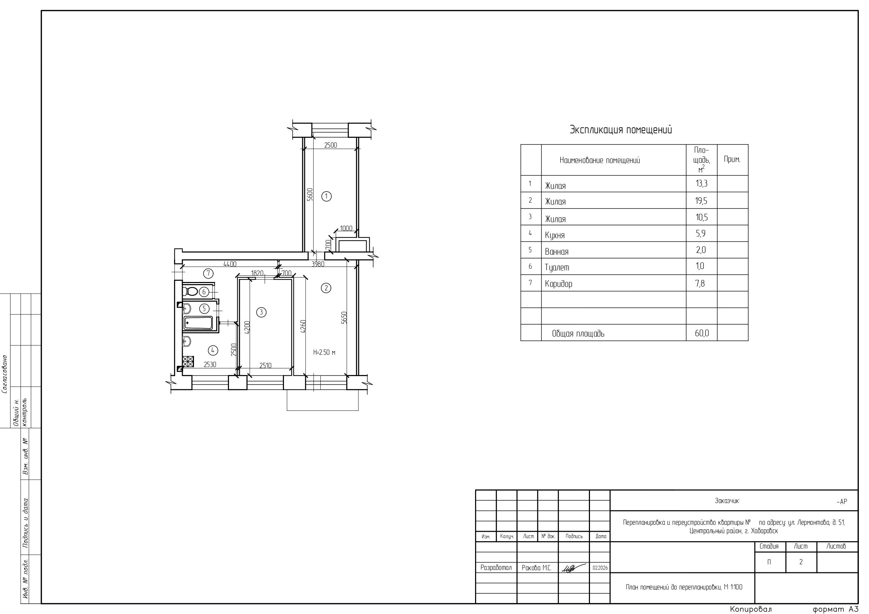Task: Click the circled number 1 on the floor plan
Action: tap(326, 196)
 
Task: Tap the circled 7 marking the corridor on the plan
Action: tap(208, 273)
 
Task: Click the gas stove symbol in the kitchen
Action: tap(188, 362)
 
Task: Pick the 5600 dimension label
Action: tap(310, 195)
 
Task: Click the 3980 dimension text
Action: tap(318, 264)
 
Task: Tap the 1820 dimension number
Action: tap(257, 273)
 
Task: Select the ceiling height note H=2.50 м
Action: tap(324, 353)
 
